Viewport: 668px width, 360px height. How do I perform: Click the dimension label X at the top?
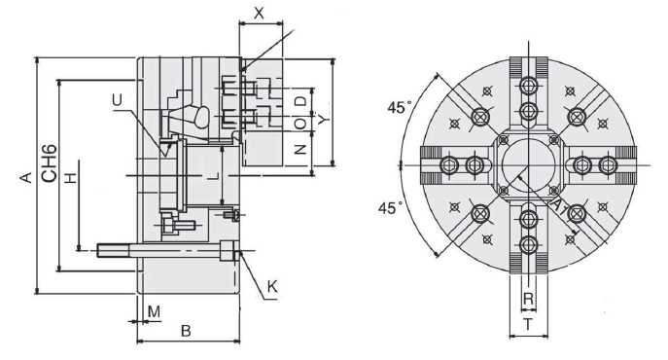(x=259, y=14)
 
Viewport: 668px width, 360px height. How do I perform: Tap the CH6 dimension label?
(x=50, y=163)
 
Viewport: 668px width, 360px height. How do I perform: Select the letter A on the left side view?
(x=26, y=177)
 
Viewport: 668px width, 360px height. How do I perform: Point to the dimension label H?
(x=71, y=177)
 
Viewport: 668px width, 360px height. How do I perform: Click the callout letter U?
(x=117, y=100)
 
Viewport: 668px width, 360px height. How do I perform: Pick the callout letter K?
(x=272, y=287)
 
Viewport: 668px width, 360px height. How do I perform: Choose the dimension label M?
(x=154, y=311)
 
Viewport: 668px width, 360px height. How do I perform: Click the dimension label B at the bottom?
(x=186, y=331)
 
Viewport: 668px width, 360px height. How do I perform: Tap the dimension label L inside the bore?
(x=213, y=175)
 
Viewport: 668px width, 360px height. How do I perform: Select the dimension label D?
(x=300, y=101)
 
